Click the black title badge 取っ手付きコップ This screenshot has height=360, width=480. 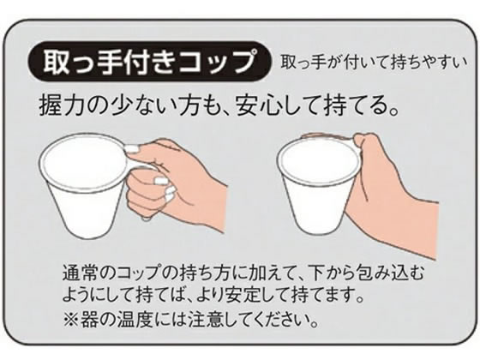150,62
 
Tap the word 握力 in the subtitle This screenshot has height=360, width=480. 57,106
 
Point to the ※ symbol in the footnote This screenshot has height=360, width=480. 70,320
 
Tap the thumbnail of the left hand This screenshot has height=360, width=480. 132,149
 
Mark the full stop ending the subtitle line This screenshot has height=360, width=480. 394,111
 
